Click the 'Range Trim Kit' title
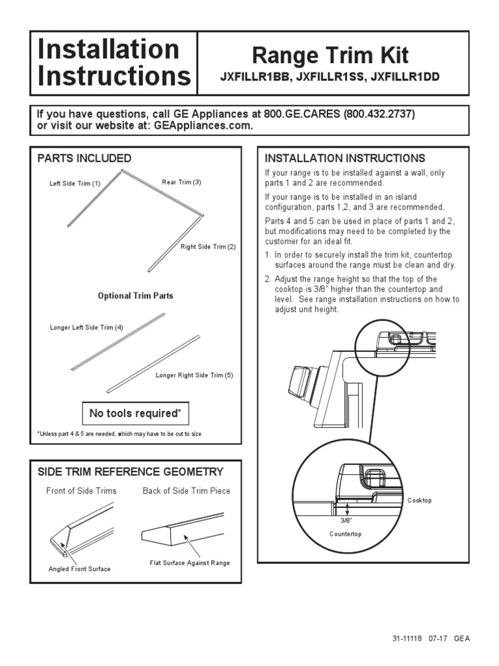pyautogui.click(x=330, y=55)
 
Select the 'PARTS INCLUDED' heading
pyautogui.click(x=84, y=159)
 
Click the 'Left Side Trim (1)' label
pyautogui.click(x=75, y=183)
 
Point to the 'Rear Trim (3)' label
pyautogui.click(x=181, y=183)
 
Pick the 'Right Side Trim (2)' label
pyautogui.click(x=208, y=246)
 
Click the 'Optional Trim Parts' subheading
pyautogui.click(x=135, y=296)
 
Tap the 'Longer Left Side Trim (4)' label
pyautogui.click(x=86, y=328)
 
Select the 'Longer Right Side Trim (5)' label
pyautogui.click(x=194, y=375)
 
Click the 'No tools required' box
pyautogui.click(x=135, y=414)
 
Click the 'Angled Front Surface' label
pyautogui.click(x=79, y=569)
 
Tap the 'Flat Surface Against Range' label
pyautogui.click(x=190, y=563)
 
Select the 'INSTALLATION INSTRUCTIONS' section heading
pyautogui.click(x=344, y=159)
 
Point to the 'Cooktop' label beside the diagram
pyautogui.click(x=419, y=501)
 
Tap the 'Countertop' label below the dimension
pyautogui.click(x=345, y=534)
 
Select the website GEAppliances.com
pyautogui.click(x=204, y=126)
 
